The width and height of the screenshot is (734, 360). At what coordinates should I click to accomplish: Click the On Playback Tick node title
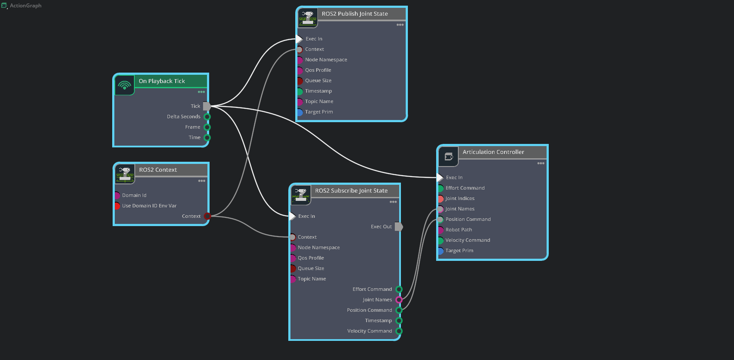point(162,81)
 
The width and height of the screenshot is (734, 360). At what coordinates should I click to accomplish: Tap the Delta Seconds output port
point(207,117)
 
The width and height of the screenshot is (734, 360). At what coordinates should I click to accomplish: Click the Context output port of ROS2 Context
point(207,216)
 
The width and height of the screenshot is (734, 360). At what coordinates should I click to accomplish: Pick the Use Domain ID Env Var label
point(149,206)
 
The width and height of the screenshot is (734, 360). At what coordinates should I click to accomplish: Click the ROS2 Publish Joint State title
point(355,14)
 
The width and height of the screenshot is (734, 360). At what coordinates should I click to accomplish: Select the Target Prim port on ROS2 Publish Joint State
point(300,112)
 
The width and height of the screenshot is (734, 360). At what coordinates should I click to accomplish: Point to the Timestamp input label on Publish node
point(318,91)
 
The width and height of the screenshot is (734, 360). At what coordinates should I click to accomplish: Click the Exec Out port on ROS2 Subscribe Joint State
point(399,227)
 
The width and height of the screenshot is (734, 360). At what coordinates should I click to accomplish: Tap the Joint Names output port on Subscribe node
point(399,300)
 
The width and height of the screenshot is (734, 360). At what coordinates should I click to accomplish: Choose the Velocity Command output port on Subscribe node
point(399,331)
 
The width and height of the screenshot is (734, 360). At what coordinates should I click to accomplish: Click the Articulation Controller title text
point(493,152)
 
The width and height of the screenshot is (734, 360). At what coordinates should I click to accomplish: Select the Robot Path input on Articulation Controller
point(440,230)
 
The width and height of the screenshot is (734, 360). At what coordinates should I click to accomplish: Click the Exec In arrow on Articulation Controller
point(440,177)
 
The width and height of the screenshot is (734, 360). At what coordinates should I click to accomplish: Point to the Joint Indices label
point(460,198)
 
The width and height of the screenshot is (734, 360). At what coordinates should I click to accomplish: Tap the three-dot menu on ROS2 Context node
point(202,181)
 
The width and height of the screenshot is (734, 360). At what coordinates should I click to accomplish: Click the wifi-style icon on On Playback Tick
point(124,85)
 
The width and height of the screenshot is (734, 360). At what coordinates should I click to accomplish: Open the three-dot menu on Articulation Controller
point(540,163)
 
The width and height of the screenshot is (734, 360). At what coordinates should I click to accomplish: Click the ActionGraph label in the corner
point(26,6)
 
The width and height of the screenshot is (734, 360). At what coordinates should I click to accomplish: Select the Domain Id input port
point(117,195)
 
